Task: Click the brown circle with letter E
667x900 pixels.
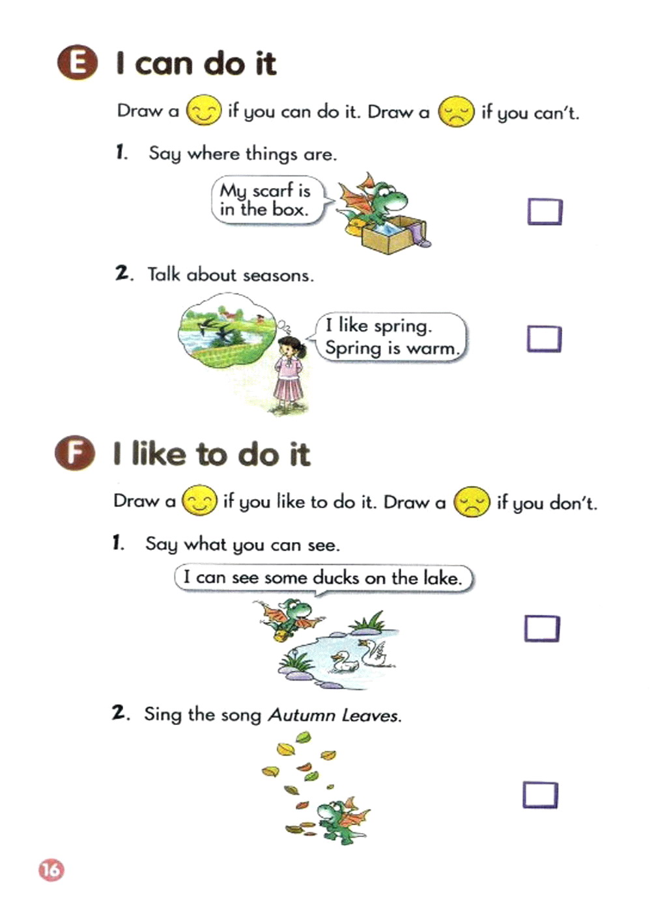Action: click(77, 62)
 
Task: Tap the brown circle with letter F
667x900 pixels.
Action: click(75, 452)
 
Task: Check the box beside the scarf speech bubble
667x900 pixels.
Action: click(545, 211)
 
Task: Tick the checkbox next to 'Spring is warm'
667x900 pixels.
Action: click(545, 339)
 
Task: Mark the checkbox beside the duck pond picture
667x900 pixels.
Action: click(542, 629)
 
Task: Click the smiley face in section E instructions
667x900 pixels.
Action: click(204, 110)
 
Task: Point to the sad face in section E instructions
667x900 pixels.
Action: click(456, 111)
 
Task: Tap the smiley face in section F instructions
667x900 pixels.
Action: click(199, 500)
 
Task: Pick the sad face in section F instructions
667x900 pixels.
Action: click(471, 502)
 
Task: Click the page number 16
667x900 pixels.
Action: click(51, 869)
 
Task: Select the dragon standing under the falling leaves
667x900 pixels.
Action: click(343, 822)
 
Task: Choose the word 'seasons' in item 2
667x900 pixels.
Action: click(278, 275)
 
